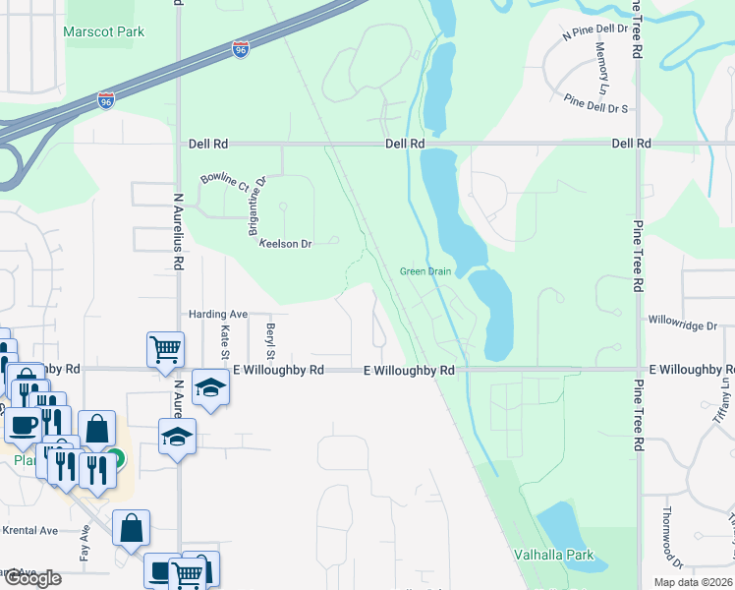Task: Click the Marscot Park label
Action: pyautogui.click(x=103, y=31)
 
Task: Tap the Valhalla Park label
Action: pyautogui.click(x=553, y=555)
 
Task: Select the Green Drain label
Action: pyautogui.click(x=424, y=271)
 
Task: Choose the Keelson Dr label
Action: pyautogui.click(x=285, y=244)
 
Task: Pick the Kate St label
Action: pyautogui.click(x=225, y=341)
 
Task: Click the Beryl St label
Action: pyautogui.click(x=269, y=338)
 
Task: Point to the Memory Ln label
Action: pyautogui.click(x=601, y=69)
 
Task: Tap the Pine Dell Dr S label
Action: pyautogui.click(x=595, y=101)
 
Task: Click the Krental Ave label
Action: pyautogui.click(x=30, y=530)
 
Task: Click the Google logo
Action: pyautogui.click(x=32, y=578)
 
